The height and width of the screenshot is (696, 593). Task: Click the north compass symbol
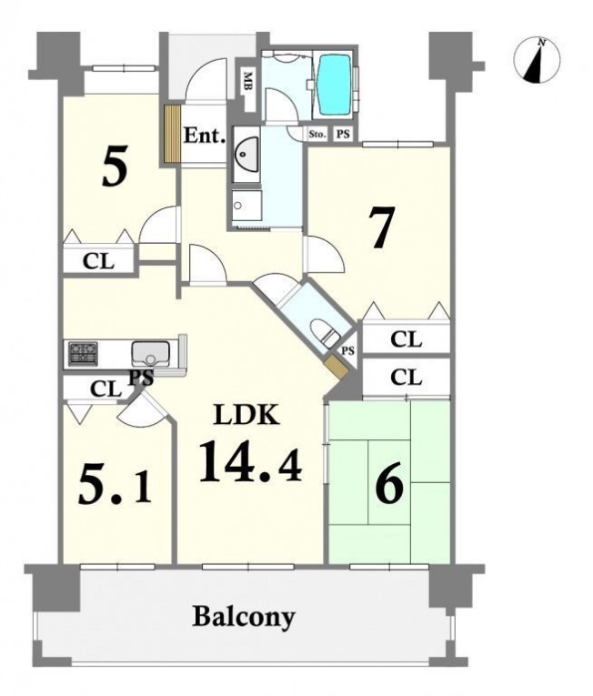[537, 61]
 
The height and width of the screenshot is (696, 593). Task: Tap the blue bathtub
[335, 85]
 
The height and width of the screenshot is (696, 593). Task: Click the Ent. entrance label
[204, 136]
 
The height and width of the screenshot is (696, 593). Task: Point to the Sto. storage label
[317, 134]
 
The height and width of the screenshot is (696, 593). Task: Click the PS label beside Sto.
[343, 134]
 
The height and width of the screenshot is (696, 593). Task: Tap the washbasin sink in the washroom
[245, 153]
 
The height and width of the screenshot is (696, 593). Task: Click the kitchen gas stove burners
[83, 354]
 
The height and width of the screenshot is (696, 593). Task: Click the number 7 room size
[382, 228]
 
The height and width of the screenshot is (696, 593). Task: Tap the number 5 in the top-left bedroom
[115, 166]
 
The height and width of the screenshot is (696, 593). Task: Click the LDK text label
[246, 415]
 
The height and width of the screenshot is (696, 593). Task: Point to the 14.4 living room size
[251, 461]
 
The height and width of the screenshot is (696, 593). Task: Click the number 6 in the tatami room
[389, 483]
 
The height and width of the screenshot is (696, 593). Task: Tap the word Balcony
[244, 617]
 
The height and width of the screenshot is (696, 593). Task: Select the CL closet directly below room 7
[407, 340]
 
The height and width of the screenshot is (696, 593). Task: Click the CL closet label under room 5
[98, 261]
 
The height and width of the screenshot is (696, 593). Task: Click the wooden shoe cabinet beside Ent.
[171, 134]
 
